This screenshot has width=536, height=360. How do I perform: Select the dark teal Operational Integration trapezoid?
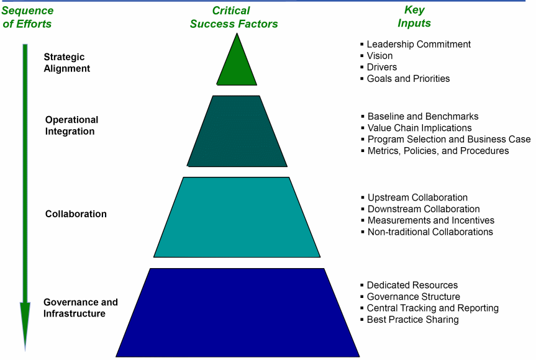coord(237,131)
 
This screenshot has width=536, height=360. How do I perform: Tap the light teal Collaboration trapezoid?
coord(237,217)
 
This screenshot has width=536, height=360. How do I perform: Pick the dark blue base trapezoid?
coord(237,312)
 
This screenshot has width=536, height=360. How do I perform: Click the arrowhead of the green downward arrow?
coord(25,323)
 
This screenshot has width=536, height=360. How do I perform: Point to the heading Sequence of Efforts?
coord(27,17)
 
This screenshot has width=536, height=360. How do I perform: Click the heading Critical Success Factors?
coord(234,17)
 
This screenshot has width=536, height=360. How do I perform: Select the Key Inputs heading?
coord(414,17)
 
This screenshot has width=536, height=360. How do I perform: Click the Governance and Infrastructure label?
coord(80,308)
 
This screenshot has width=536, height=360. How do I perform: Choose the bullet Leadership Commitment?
coord(419,44)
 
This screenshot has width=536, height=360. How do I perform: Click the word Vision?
coord(379,56)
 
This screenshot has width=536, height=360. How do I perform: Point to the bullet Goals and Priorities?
coord(408,79)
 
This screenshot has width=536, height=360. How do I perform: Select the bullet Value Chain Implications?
coord(419,128)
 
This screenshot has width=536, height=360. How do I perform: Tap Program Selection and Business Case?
coord(448,139)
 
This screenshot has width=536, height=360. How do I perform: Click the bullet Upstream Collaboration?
coord(417,197)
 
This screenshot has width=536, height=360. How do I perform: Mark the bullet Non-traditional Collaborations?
coord(430,232)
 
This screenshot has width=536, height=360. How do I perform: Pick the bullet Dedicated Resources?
coord(412,285)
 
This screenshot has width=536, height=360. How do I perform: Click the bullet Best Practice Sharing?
coord(412,320)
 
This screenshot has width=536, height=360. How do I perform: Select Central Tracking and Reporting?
coord(432,308)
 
